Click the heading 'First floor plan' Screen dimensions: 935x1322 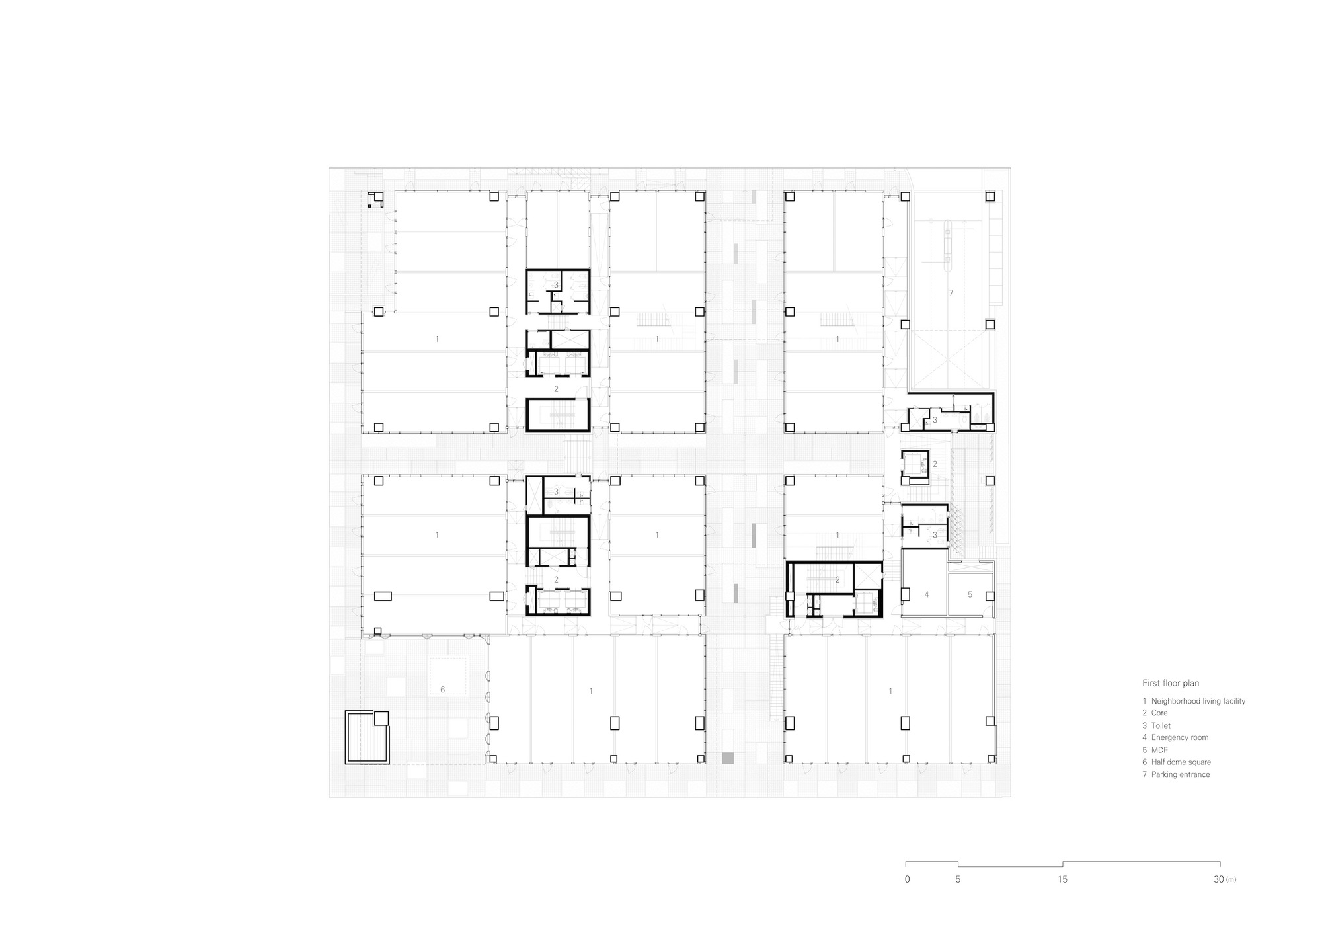click(1170, 683)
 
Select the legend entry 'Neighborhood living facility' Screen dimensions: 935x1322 click(1198, 701)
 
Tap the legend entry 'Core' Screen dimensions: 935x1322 click(1159, 713)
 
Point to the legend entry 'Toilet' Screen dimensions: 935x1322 click(1161, 725)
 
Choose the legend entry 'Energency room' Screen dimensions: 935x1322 click(1179, 737)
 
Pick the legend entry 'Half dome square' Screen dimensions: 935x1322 click(1181, 762)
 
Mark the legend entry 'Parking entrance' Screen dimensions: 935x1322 click(1180, 774)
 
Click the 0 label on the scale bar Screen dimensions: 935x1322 click(907, 879)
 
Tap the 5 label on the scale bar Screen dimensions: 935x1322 click(958, 879)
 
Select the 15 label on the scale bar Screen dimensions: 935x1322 click(1062, 879)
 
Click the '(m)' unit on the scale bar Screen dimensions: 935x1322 click(1230, 880)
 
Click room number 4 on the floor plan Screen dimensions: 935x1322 click(926, 595)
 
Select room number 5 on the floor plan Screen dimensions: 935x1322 click(970, 595)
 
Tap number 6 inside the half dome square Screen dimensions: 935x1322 click(442, 690)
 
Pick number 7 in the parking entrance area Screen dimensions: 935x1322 click(951, 292)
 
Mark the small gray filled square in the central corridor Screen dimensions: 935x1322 click(728, 758)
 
